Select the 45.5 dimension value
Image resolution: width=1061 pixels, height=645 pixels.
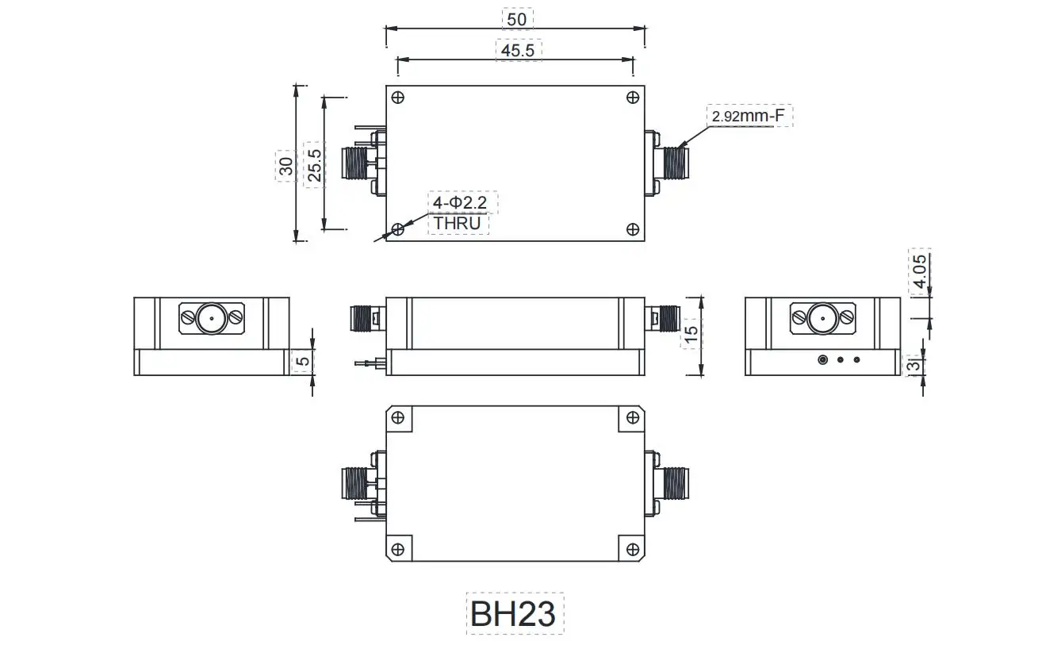point(519,50)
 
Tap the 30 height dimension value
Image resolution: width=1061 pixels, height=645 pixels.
point(286,166)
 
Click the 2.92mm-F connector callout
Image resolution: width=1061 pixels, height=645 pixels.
point(749,117)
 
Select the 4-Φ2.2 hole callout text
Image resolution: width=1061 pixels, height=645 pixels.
point(463,203)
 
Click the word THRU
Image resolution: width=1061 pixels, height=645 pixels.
point(458,223)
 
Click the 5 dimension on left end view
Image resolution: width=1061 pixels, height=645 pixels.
point(302,361)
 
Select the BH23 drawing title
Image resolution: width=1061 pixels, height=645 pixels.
point(513,613)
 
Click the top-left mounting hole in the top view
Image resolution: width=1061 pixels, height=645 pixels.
point(398,98)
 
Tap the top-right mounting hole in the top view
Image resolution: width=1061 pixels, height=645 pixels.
point(633,98)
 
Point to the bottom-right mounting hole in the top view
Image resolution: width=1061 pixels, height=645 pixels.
point(633,229)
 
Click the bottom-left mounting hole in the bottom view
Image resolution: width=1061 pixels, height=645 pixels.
point(398,549)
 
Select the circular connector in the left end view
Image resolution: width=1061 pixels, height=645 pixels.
point(211,319)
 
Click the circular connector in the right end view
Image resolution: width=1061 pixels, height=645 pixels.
point(822,319)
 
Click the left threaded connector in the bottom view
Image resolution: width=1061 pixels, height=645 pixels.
point(355,482)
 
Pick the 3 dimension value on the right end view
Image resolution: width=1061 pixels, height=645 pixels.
point(914,365)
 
